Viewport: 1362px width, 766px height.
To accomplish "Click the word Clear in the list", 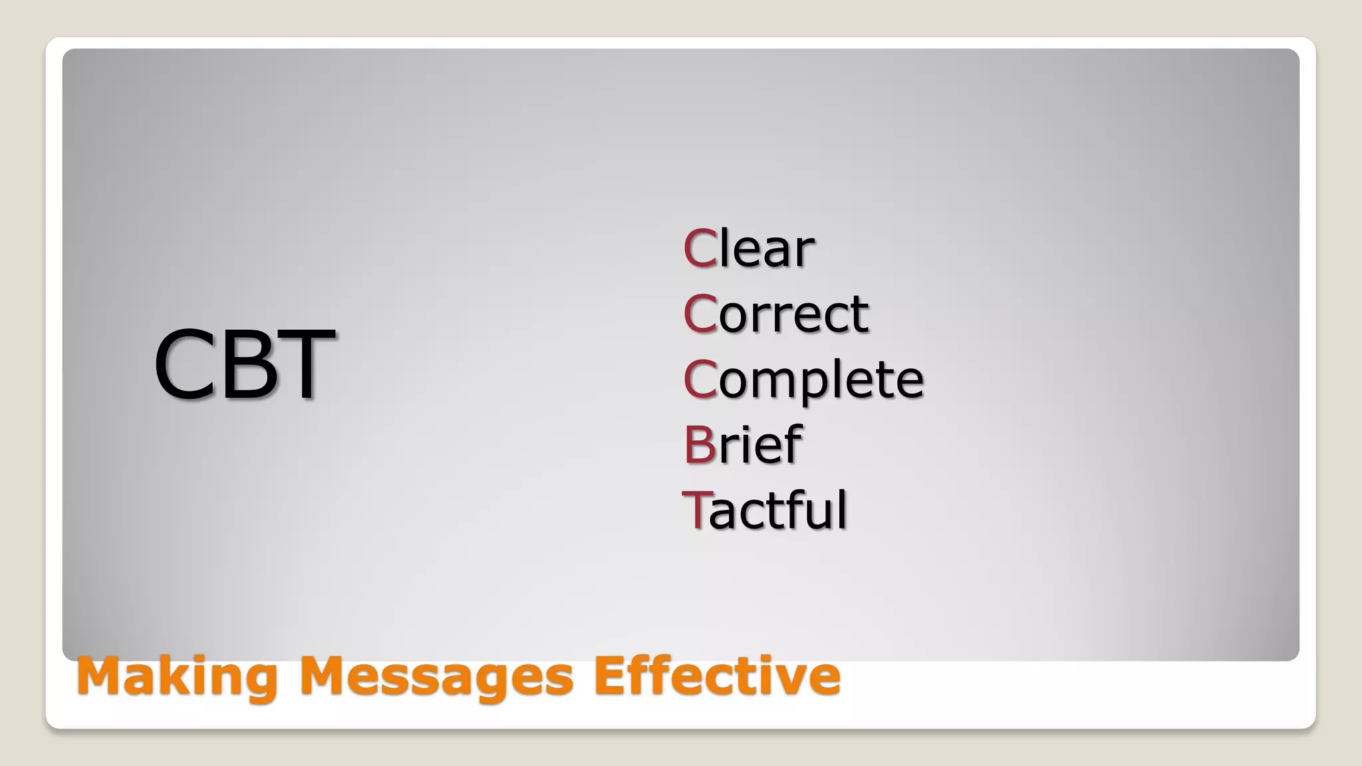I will click(x=749, y=249).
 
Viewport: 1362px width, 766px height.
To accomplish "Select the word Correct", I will click(x=775, y=313).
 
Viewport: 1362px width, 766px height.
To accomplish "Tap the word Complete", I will click(x=803, y=380).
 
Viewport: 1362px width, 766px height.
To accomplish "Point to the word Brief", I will click(x=742, y=444).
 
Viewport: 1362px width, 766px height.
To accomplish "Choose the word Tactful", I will click(x=765, y=510).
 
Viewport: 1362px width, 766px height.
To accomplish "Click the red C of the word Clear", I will click(x=700, y=249).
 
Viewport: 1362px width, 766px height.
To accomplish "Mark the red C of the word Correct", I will click(x=700, y=313).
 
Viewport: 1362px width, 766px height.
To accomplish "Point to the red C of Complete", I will click(x=700, y=379).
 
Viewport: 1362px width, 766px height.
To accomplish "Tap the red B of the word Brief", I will click(x=699, y=444).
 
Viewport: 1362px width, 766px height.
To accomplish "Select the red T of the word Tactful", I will click(x=696, y=510).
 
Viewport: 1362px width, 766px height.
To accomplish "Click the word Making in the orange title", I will click(x=176, y=677).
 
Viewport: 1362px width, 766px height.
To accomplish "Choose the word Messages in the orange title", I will click(x=436, y=677).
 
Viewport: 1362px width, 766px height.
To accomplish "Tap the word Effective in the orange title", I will click(x=717, y=676).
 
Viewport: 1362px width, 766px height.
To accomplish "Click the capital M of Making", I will click(x=100, y=676).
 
